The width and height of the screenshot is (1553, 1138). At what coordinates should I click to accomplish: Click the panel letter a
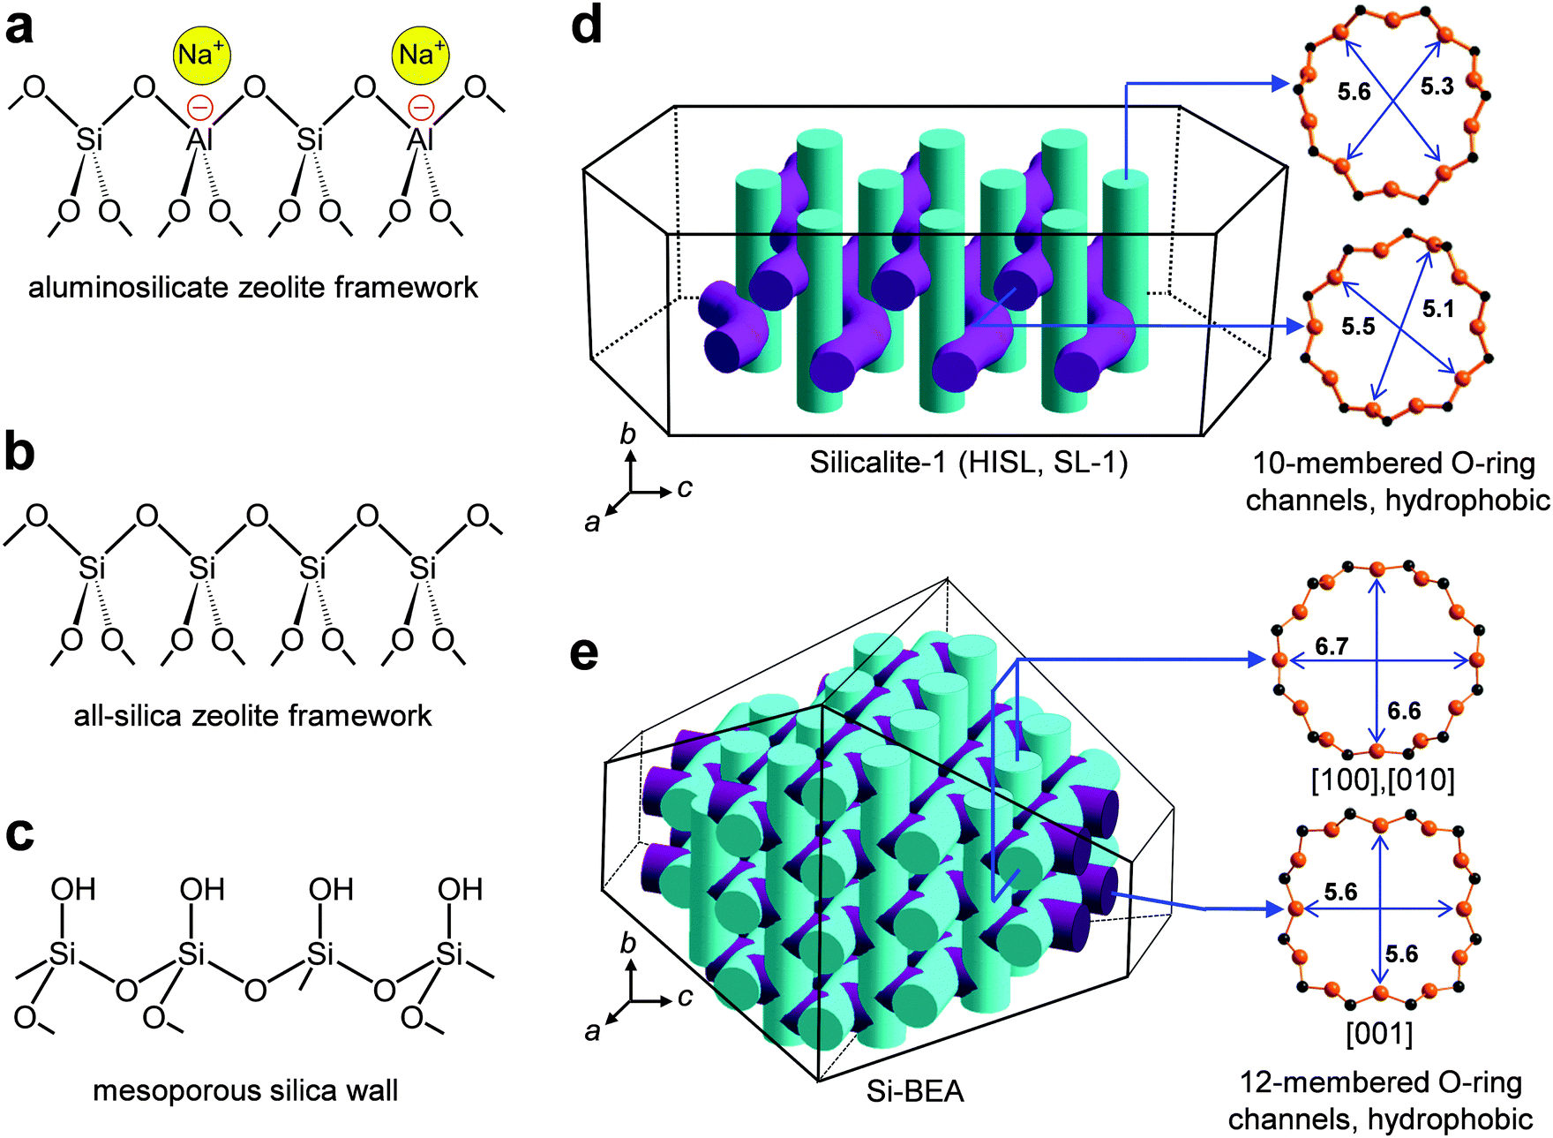pyautogui.click(x=19, y=26)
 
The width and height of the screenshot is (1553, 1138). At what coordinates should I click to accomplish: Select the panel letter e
pyautogui.click(x=584, y=654)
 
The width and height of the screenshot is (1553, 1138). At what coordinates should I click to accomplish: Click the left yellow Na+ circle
pyautogui.click(x=201, y=55)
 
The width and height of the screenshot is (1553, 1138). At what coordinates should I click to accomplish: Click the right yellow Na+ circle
pyautogui.click(x=420, y=55)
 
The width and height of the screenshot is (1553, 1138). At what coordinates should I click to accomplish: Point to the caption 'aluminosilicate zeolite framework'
pyautogui.click(x=253, y=287)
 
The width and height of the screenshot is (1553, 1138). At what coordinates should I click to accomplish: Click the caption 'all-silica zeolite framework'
pyautogui.click(x=252, y=715)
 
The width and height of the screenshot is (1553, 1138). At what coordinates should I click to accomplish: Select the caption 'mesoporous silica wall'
pyautogui.click(x=245, y=1091)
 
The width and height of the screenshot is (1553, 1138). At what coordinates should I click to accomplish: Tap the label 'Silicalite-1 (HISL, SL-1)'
pyautogui.click(x=969, y=463)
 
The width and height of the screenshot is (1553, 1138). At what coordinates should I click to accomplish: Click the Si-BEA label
pyautogui.click(x=915, y=1092)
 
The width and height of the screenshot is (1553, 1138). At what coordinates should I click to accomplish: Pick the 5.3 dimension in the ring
pyautogui.click(x=1437, y=87)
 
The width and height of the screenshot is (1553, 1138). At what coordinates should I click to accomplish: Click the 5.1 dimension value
pyautogui.click(x=1438, y=309)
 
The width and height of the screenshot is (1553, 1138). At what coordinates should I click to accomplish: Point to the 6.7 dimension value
pyautogui.click(x=1332, y=646)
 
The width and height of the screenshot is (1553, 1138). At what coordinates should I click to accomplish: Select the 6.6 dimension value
pyautogui.click(x=1404, y=711)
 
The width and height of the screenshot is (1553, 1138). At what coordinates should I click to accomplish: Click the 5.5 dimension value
pyautogui.click(x=1358, y=327)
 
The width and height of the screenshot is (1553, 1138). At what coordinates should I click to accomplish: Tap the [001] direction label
pyautogui.click(x=1379, y=1033)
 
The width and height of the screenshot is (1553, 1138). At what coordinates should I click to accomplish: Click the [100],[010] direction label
pyautogui.click(x=1383, y=780)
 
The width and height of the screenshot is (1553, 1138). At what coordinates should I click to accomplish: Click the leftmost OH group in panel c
pyautogui.click(x=73, y=889)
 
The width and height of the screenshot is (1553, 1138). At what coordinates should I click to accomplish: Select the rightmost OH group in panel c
pyautogui.click(x=460, y=889)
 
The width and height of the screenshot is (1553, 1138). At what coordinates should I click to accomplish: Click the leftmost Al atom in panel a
pyautogui.click(x=199, y=139)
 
